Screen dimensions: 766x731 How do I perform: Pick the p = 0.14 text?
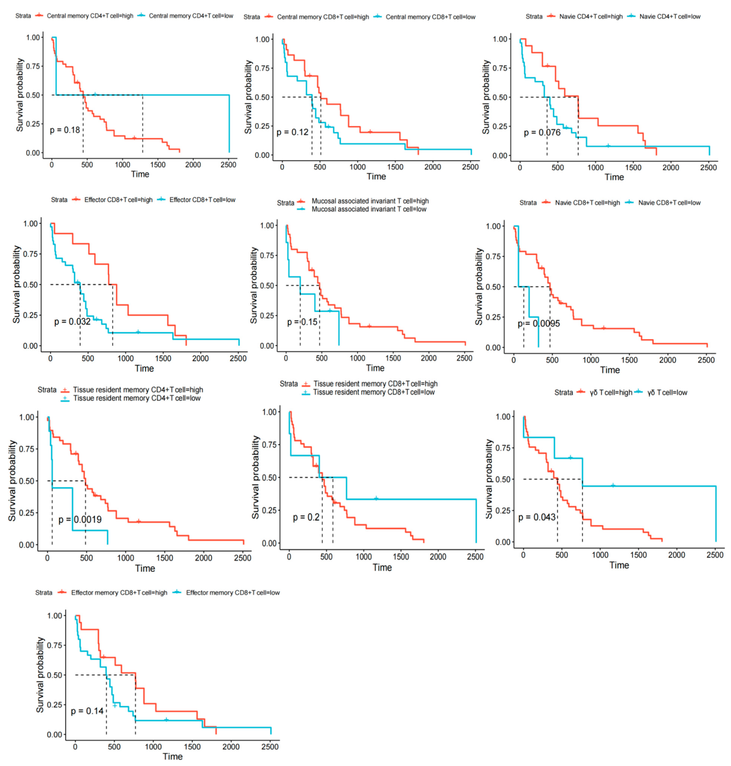pos(87,711)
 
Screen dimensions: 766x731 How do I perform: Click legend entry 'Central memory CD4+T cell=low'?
pos(191,16)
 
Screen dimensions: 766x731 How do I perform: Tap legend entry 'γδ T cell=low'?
pos(667,393)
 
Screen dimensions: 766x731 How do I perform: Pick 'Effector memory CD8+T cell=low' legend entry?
pos(233,593)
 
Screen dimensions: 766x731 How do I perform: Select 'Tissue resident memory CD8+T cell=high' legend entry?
pos(375,384)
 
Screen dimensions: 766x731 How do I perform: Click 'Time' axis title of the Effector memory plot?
pos(173,756)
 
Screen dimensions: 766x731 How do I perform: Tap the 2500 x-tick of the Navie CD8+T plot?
pos(706,360)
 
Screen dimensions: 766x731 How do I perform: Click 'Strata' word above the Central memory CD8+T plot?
pos(252,17)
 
